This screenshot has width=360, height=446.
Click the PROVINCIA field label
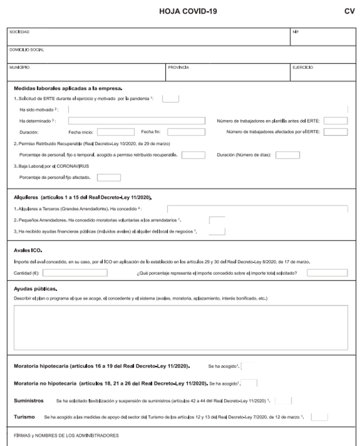click(x=178, y=68)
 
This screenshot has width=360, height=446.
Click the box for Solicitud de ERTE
click(x=170, y=98)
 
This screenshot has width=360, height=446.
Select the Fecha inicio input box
click(x=116, y=132)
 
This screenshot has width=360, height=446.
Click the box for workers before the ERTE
click(x=336, y=121)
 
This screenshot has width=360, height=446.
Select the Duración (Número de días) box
click(x=287, y=155)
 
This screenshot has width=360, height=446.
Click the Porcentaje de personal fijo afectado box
click(x=109, y=177)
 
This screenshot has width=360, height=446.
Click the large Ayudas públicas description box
click(x=181, y=328)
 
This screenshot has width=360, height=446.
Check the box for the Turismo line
click(x=319, y=417)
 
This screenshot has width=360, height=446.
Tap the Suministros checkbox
click(x=283, y=401)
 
